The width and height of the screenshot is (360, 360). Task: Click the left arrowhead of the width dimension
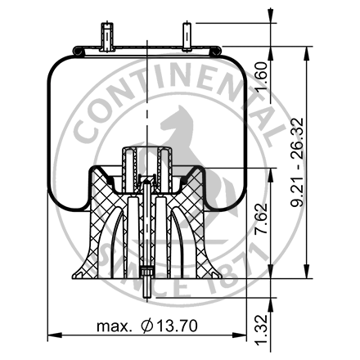(x=52, y=335)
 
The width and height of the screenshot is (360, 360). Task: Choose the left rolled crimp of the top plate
(x=78, y=52)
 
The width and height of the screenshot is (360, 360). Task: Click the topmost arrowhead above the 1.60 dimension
(x=269, y=11)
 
